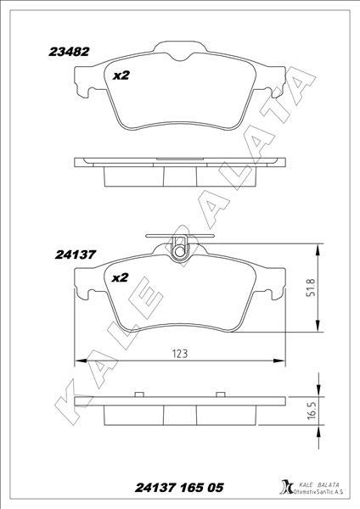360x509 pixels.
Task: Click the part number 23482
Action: coord(69,52)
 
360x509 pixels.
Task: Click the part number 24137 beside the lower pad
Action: coord(76,255)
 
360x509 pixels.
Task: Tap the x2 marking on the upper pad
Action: coord(121,76)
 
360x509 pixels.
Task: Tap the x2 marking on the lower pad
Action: coord(120,278)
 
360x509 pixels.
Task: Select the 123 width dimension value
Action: coord(180,354)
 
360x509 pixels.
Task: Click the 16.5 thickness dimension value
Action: coord(312,410)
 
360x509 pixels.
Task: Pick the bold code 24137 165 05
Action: coord(179,488)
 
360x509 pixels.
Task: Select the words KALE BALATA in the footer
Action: coord(318,484)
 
